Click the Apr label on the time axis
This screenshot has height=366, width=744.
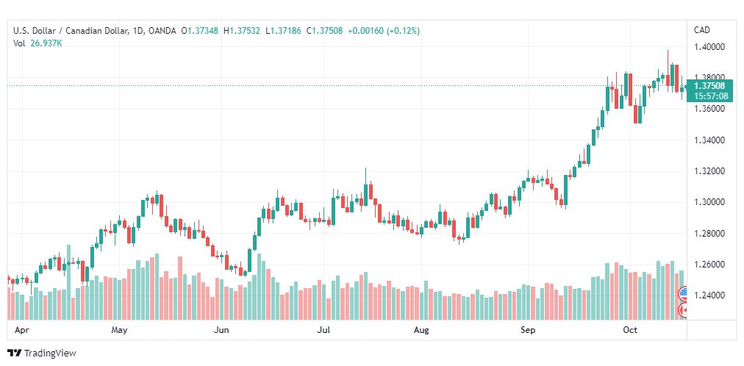pyautogui.click(x=20, y=330)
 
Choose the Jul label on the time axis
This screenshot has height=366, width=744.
pyautogui.click(x=323, y=330)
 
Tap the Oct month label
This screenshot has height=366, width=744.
pyautogui.click(x=630, y=330)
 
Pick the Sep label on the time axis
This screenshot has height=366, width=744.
pyautogui.click(x=528, y=330)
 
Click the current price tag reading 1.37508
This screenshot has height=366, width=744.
pyautogui.click(x=709, y=86)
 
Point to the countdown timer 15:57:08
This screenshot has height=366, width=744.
pyautogui.click(x=710, y=96)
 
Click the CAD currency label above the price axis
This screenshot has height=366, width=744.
pyautogui.click(x=702, y=30)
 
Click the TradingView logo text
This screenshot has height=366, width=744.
pyautogui.click(x=50, y=354)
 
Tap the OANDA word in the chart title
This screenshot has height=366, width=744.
pyautogui.click(x=161, y=31)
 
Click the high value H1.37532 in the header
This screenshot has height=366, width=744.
pyautogui.click(x=242, y=31)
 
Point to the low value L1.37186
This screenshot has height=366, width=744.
pyautogui.click(x=283, y=31)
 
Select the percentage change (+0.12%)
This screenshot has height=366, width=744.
pyautogui.click(x=404, y=31)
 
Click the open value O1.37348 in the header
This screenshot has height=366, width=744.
pyautogui.click(x=200, y=31)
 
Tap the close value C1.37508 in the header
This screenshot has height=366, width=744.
pyautogui.click(x=324, y=31)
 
